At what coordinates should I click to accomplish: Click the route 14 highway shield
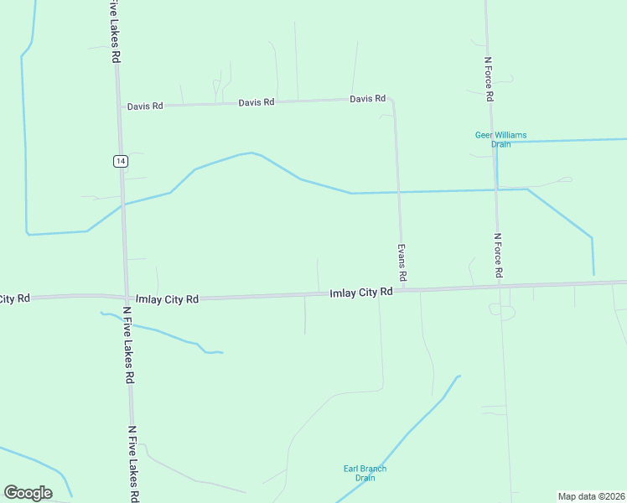pos(122,161)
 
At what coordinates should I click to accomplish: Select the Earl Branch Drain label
pos(365,473)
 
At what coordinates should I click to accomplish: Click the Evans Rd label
pos(402,262)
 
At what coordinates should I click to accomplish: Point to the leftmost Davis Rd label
pos(145,106)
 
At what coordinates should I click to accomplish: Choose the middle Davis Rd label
pos(256,102)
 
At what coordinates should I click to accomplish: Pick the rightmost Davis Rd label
pos(367,99)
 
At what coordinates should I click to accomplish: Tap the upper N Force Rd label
pos(488,80)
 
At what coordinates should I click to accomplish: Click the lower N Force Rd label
pos(498,255)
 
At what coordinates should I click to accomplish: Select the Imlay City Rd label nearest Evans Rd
pos(361,293)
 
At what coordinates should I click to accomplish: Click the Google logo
pos(28,493)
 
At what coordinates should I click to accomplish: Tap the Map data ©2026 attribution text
pos(591,495)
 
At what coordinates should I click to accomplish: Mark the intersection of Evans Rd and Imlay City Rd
pos(404,290)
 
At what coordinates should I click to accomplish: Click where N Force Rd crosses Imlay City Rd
pos(500,286)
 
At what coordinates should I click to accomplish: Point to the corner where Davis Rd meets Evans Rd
pos(392,100)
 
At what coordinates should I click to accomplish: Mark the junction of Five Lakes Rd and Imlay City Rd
pos(127,298)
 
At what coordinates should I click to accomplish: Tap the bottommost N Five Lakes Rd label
pos(133,464)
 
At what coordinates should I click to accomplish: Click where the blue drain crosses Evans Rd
pos(399,192)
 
